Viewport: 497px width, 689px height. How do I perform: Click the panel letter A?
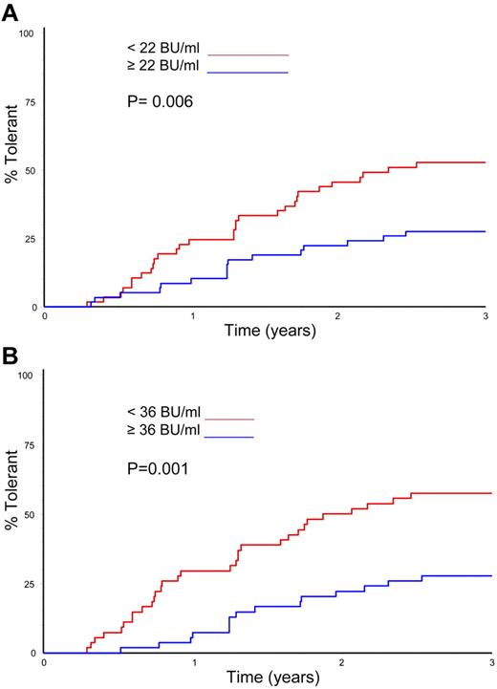11,11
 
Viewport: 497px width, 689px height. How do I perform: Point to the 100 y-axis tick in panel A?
27,34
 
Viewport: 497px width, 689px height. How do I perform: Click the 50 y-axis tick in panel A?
29,171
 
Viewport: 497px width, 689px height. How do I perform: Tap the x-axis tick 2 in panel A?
339,316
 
